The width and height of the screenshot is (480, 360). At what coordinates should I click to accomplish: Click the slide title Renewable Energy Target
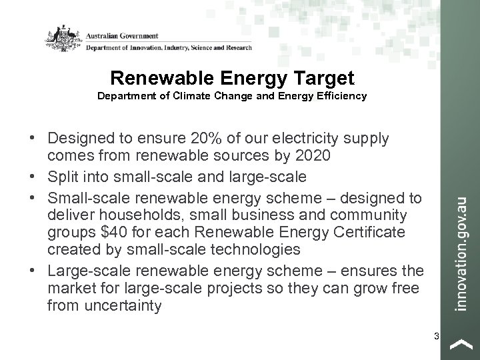pos(232,78)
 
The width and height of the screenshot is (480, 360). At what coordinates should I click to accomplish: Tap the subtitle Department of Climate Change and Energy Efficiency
pos(232,96)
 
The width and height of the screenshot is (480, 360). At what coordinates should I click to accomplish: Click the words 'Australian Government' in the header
pos(121,34)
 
